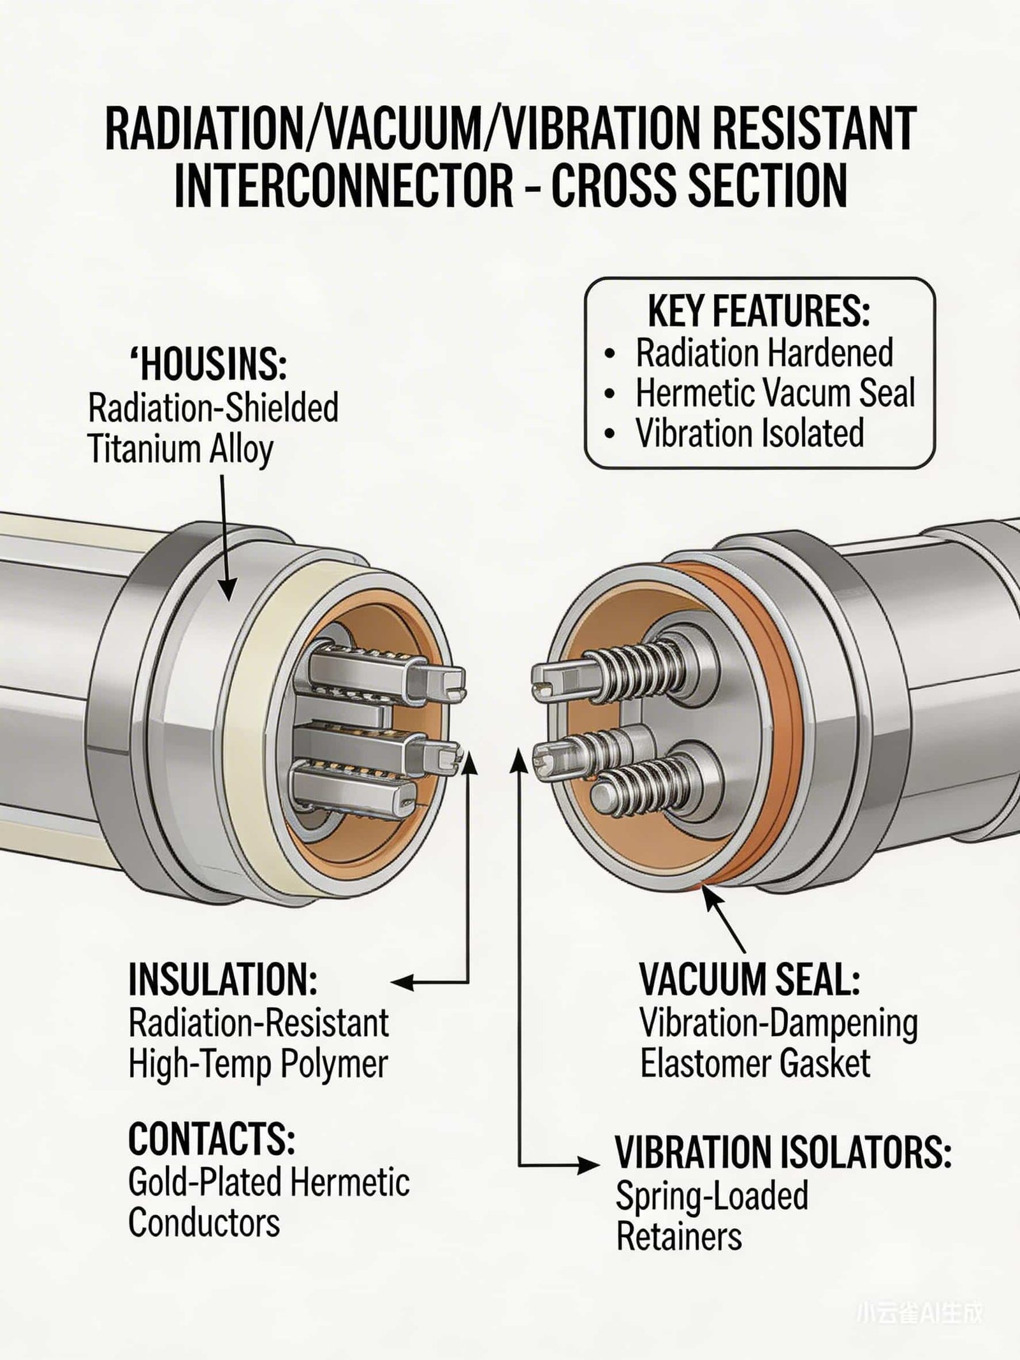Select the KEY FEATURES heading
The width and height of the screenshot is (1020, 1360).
point(759,312)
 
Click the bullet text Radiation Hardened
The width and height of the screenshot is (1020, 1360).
point(764,353)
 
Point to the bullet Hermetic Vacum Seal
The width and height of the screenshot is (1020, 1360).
point(775,393)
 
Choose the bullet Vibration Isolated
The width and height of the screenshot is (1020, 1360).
point(749,434)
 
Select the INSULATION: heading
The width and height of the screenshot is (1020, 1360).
point(222,979)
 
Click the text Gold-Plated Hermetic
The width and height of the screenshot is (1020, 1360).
point(268,1183)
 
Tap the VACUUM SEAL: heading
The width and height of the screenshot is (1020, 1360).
point(750,979)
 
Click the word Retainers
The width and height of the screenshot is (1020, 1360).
point(679,1238)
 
